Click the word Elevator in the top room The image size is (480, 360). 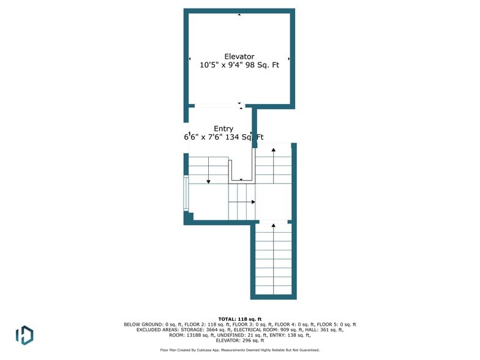(x=239, y=57)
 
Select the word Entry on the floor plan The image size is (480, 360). (x=223, y=129)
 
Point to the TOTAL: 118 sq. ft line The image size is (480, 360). (x=240, y=319)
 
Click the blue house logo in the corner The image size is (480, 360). (x=24, y=335)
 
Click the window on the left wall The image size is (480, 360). (x=186, y=193)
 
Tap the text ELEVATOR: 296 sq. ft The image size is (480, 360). (x=239, y=340)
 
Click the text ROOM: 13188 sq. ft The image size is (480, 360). (x=191, y=336)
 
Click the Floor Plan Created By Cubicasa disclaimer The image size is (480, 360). (x=239, y=350)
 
